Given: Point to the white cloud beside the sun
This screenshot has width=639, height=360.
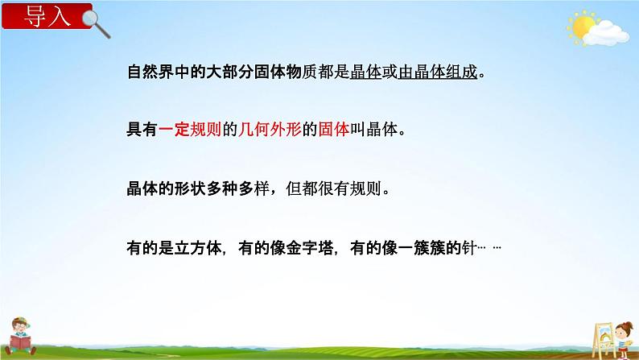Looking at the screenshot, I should coord(607,33).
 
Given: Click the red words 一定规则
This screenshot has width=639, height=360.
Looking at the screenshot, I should coord(184,129).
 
